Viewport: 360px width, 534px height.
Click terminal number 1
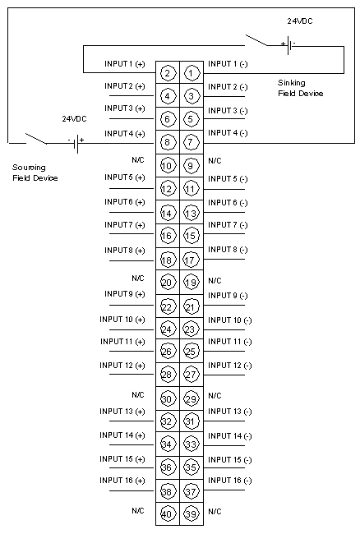pos(191,73)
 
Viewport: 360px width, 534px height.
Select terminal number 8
pos(167,142)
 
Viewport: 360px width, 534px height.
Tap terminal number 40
pos(167,513)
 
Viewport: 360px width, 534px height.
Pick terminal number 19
pos(191,283)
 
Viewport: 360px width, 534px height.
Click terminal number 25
pos(191,351)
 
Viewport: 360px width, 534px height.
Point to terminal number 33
pos(191,444)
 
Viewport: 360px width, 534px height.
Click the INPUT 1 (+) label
pos(125,64)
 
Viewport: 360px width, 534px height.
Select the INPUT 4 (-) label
pos(228,133)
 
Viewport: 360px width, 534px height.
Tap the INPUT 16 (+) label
pos(122,481)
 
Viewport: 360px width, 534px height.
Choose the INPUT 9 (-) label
pos(228,296)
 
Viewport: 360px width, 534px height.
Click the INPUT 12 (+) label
pos(122,366)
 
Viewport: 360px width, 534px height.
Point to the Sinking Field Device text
pos(300,88)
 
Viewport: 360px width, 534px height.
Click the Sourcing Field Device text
pos(35,173)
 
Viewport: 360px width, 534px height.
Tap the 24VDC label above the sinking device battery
pos(300,21)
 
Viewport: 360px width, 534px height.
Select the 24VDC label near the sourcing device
pos(74,119)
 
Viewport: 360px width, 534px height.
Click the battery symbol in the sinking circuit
pos(288,45)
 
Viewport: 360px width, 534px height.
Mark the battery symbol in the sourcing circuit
pos(76,143)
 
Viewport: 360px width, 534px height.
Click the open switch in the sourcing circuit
pos(36,139)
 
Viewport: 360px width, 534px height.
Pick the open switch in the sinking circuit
pos(256,40)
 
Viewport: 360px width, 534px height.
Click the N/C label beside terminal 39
pos(215,512)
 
